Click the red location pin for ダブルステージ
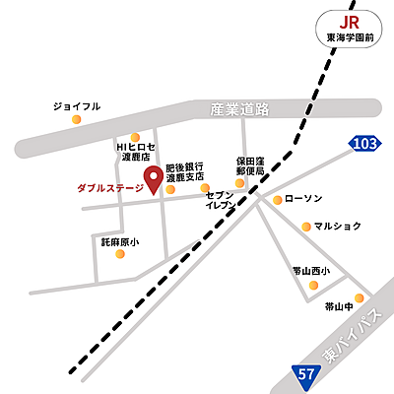(x=154, y=178)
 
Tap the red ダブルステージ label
(x=109, y=187)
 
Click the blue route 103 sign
(x=363, y=145)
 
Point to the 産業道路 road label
(x=239, y=110)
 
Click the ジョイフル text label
(x=77, y=105)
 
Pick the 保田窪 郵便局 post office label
(x=251, y=164)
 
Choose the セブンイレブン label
(x=220, y=202)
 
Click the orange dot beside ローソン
(x=277, y=199)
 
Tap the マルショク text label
(x=340, y=226)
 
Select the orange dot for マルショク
(x=306, y=227)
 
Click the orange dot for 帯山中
(x=360, y=296)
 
